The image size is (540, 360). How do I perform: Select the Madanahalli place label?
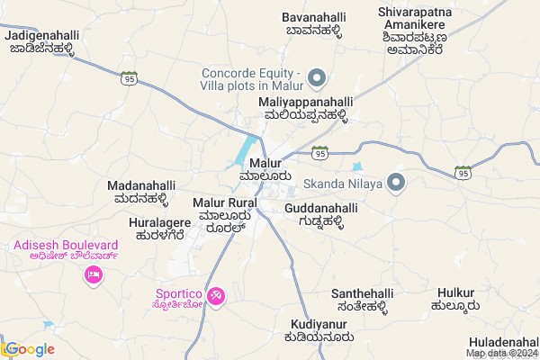click(x=138, y=192)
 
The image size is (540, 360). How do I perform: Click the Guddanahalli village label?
click(x=320, y=215)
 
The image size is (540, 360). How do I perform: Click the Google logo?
click(x=29, y=349)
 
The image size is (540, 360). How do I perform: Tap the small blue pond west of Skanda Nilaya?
click(x=357, y=166)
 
